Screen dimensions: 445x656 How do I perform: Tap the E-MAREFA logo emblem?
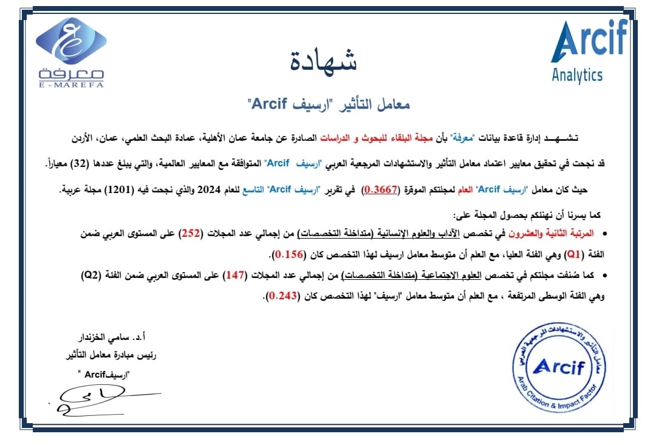(x=71, y=41)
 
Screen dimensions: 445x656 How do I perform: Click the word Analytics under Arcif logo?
(x=576, y=75)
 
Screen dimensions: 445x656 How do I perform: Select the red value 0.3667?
(x=380, y=189)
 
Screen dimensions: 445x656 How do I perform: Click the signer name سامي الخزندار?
(x=116, y=336)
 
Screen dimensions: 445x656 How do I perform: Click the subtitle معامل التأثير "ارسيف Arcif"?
(x=329, y=104)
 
